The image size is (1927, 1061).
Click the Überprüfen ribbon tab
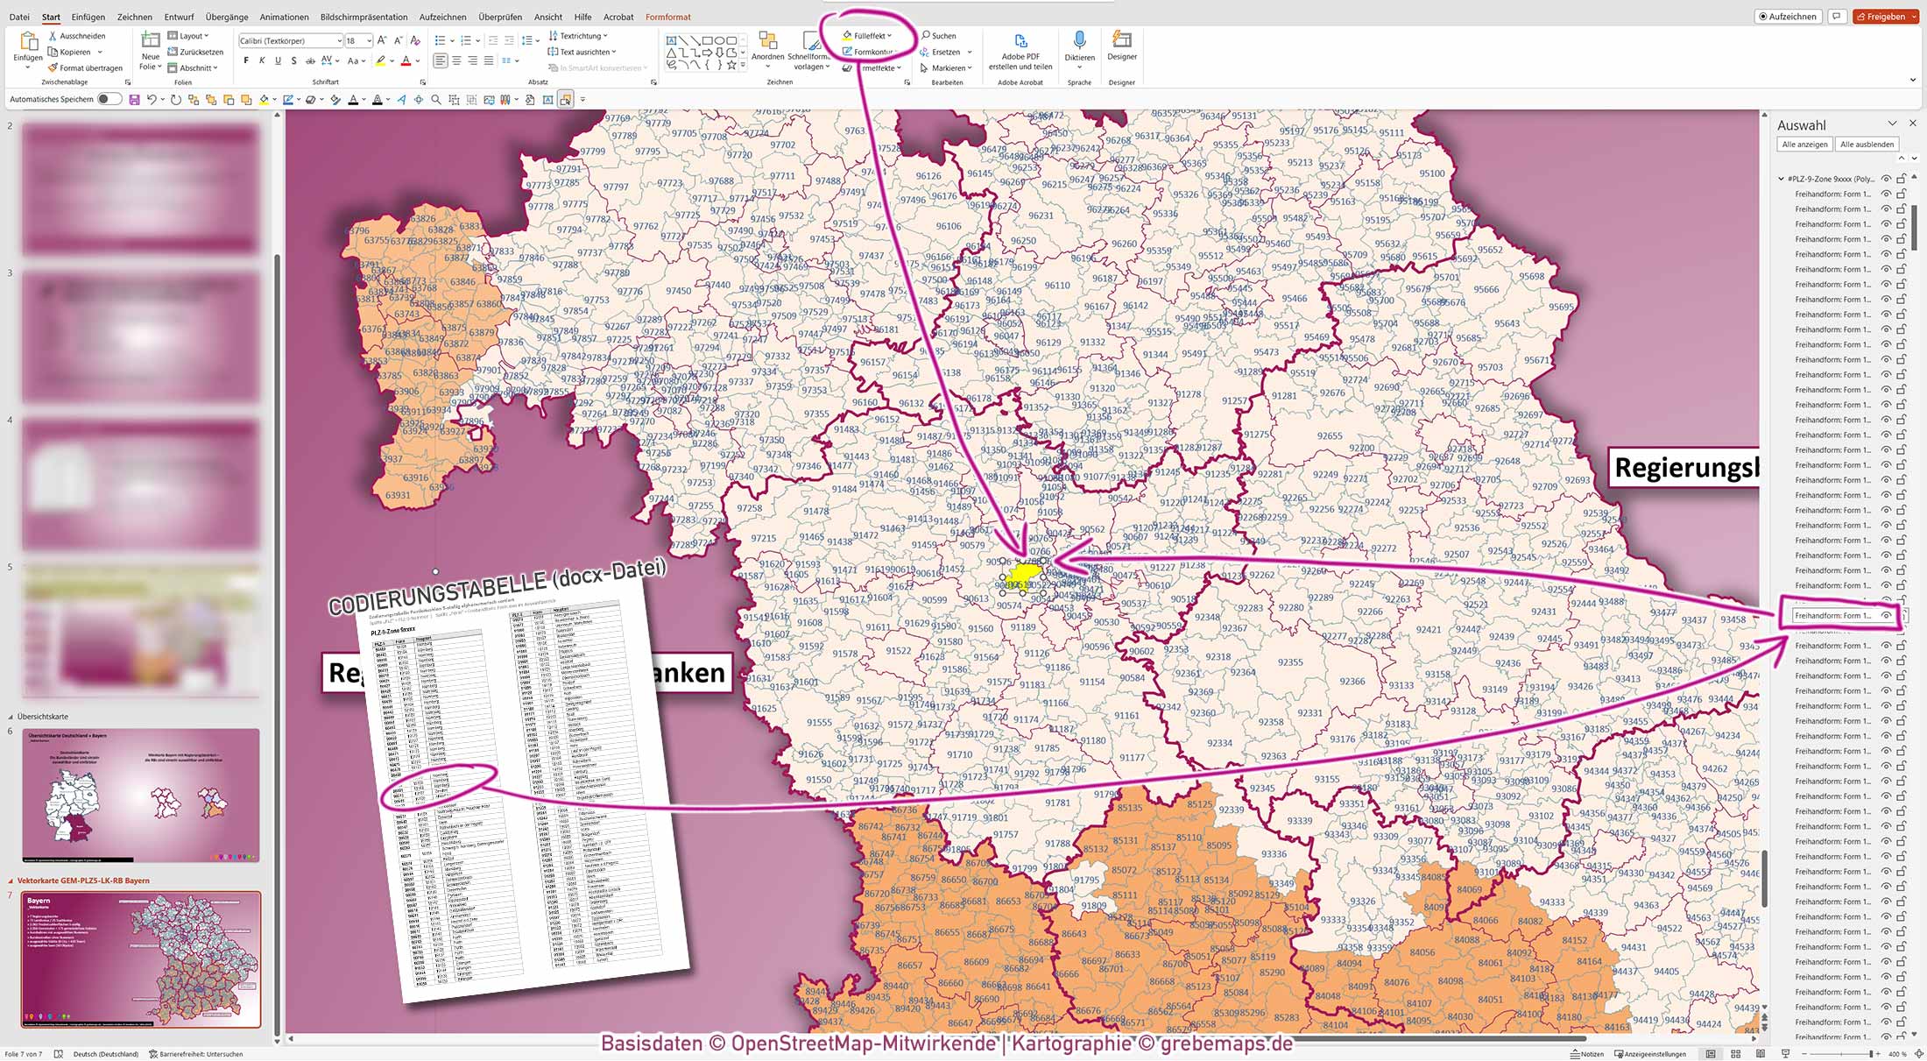(500, 17)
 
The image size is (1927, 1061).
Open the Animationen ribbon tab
(284, 17)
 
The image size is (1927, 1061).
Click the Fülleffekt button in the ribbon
(868, 36)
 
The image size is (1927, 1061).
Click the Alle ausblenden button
(1867, 144)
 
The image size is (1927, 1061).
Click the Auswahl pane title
(1801, 125)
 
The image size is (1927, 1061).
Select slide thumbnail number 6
(141, 796)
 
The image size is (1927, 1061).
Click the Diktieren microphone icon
(1079, 42)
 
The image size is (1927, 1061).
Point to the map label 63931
(398, 495)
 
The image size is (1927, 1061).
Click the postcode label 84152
(1574, 940)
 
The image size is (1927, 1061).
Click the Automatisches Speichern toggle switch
(109, 99)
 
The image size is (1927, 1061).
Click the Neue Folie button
(151, 51)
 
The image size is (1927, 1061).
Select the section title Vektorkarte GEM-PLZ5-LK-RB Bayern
(83, 881)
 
